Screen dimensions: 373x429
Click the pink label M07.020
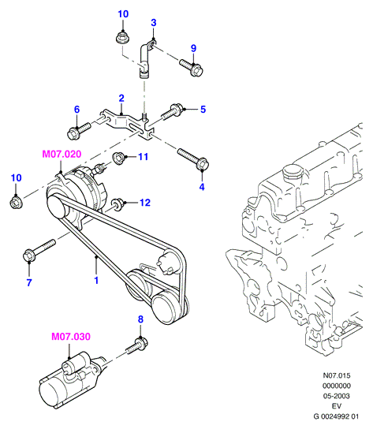[x=62, y=154]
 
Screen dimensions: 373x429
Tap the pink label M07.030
[x=71, y=337]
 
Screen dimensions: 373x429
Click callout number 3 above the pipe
[x=154, y=23]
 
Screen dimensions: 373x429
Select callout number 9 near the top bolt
[x=193, y=48]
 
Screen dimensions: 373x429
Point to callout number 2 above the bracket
[x=121, y=99]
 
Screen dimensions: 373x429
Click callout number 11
[x=143, y=157]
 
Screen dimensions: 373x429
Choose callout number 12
[x=145, y=203]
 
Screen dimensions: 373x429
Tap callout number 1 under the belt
[x=96, y=281]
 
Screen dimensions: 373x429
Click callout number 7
[x=29, y=282]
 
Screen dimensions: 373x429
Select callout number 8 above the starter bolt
[x=140, y=319]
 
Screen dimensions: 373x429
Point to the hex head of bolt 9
[x=196, y=70]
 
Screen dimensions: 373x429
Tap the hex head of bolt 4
[x=203, y=164]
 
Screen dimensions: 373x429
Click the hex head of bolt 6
[x=73, y=133]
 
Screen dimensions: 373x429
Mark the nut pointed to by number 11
[x=119, y=159]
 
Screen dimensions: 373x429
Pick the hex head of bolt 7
[x=28, y=256]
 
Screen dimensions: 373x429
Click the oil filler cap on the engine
[x=293, y=171]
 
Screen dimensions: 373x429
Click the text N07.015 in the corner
[x=336, y=375]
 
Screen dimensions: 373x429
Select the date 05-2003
[x=336, y=396]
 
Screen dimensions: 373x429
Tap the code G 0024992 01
[x=336, y=416]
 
